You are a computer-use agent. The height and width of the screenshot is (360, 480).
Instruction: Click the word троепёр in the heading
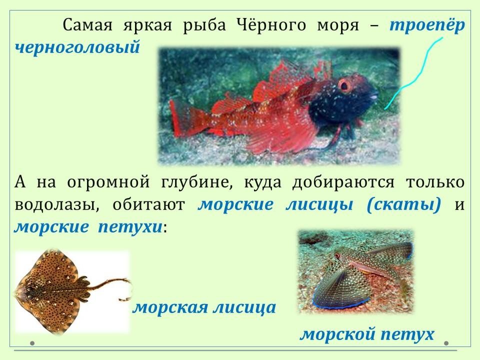[427, 25]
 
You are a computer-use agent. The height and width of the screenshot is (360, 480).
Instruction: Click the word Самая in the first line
[87, 25]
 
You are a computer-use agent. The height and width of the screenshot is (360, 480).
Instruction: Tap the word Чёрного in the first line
[271, 24]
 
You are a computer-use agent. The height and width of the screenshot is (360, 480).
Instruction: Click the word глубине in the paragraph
[196, 182]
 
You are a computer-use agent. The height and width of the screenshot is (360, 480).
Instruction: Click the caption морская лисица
[204, 307]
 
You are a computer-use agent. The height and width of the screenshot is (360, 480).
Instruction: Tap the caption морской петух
[367, 334]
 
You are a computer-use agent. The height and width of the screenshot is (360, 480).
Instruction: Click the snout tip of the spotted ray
[16, 293]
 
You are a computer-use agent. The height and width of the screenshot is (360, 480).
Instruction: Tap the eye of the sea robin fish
[337, 256]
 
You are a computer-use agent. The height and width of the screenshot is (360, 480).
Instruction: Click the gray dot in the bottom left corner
[32, 343]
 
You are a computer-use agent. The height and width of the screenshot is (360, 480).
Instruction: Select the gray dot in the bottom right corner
[446, 343]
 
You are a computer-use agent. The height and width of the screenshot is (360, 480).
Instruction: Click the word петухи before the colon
[130, 227]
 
